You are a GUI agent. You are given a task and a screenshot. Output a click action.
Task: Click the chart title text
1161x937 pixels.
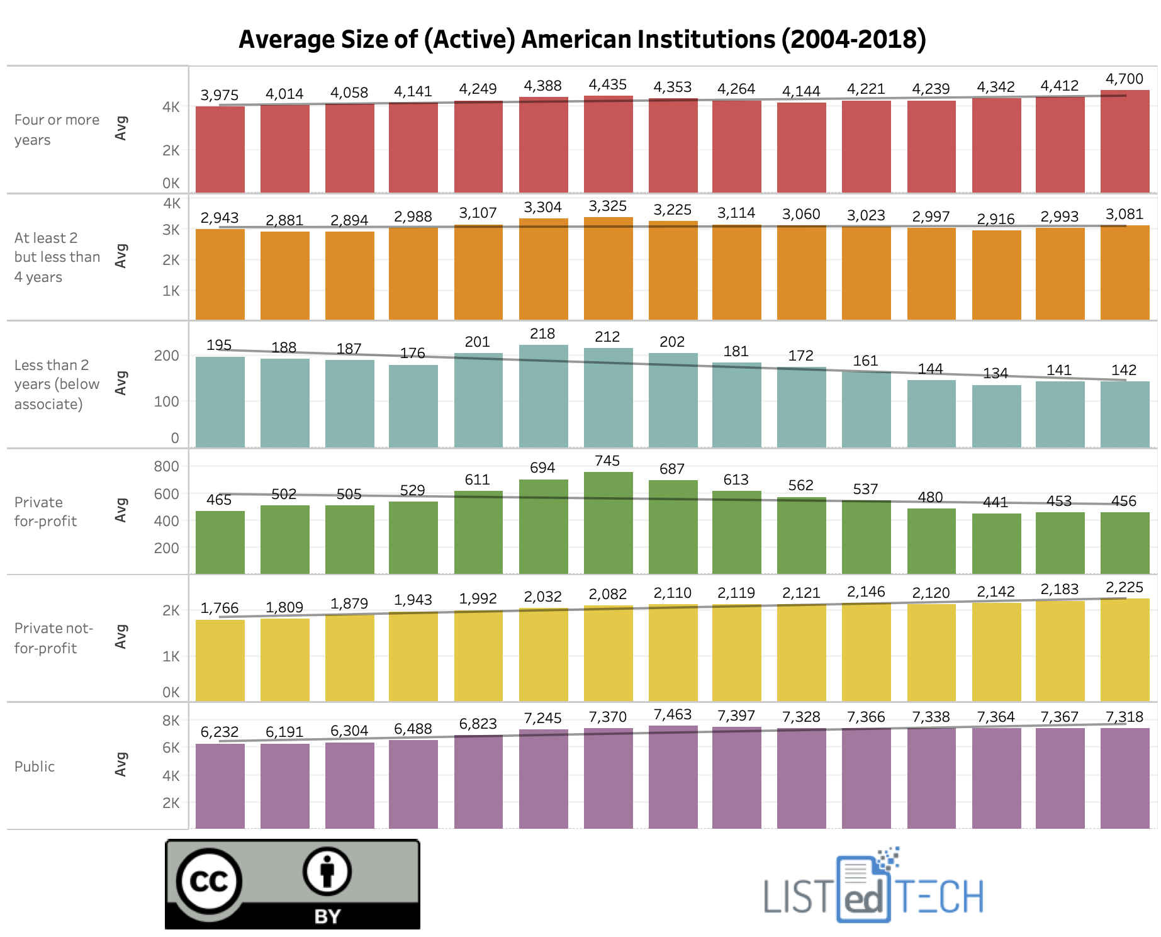coord(582,39)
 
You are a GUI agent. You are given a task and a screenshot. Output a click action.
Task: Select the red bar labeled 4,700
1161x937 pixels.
coord(1125,142)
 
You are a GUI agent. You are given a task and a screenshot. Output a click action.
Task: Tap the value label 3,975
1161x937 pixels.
coord(219,95)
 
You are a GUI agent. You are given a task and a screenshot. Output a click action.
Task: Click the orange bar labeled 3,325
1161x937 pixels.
coord(608,269)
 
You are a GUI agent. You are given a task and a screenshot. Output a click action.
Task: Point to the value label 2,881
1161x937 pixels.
coord(284,220)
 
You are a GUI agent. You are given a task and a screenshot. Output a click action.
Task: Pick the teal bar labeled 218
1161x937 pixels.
coord(543,396)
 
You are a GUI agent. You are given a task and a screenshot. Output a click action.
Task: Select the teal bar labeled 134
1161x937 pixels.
coord(996,417)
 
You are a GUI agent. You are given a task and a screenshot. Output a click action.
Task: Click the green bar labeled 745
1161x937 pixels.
coord(608,523)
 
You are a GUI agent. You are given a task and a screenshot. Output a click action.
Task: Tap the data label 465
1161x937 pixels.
coord(219,500)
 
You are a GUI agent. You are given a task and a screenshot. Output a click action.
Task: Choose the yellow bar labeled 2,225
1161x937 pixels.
coord(1125,649)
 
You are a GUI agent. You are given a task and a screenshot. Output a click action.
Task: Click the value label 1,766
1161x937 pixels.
coord(219,608)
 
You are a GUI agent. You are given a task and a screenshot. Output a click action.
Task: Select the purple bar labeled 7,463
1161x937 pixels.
coord(673,777)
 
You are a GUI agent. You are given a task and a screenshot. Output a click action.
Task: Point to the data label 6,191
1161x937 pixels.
coord(284,732)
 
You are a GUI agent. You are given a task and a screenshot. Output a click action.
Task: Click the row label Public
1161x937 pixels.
coord(35,766)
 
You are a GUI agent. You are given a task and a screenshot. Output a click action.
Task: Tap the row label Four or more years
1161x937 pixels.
coord(57,130)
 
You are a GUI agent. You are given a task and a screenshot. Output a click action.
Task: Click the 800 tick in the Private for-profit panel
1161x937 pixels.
coord(166,466)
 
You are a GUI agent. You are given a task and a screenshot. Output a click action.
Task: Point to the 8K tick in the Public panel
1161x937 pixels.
coord(171,721)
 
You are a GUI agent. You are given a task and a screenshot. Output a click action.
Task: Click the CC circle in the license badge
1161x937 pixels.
coord(209,881)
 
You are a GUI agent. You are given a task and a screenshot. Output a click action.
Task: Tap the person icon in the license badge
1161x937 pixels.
coord(327,872)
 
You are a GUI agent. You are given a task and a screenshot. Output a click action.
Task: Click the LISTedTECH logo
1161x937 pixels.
coord(873,887)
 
